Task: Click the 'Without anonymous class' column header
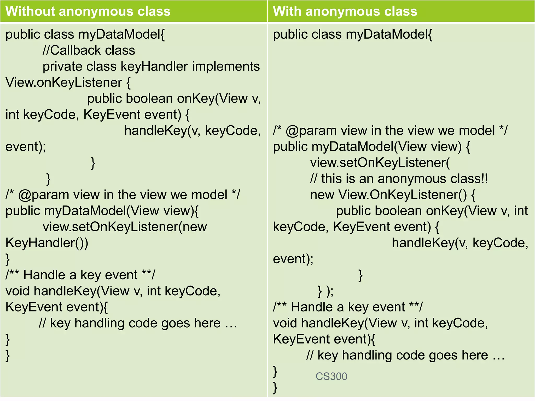tap(88, 11)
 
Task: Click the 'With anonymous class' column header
tap(345, 11)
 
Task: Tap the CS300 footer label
tap(331, 376)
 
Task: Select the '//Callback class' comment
tap(89, 50)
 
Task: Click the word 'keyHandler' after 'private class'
tap(154, 66)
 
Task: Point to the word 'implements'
tap(226, 66)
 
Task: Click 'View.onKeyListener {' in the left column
tap(68, 82)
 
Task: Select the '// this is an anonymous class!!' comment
tap(399, 179)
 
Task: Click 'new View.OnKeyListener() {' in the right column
tap(393, 195)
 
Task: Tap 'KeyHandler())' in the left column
tap(47, 243)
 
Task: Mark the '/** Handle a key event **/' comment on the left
tap(80, 275)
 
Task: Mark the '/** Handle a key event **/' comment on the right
tap(348, 307)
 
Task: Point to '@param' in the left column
tap(43, 195)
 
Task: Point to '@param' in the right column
tap(311, 131)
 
